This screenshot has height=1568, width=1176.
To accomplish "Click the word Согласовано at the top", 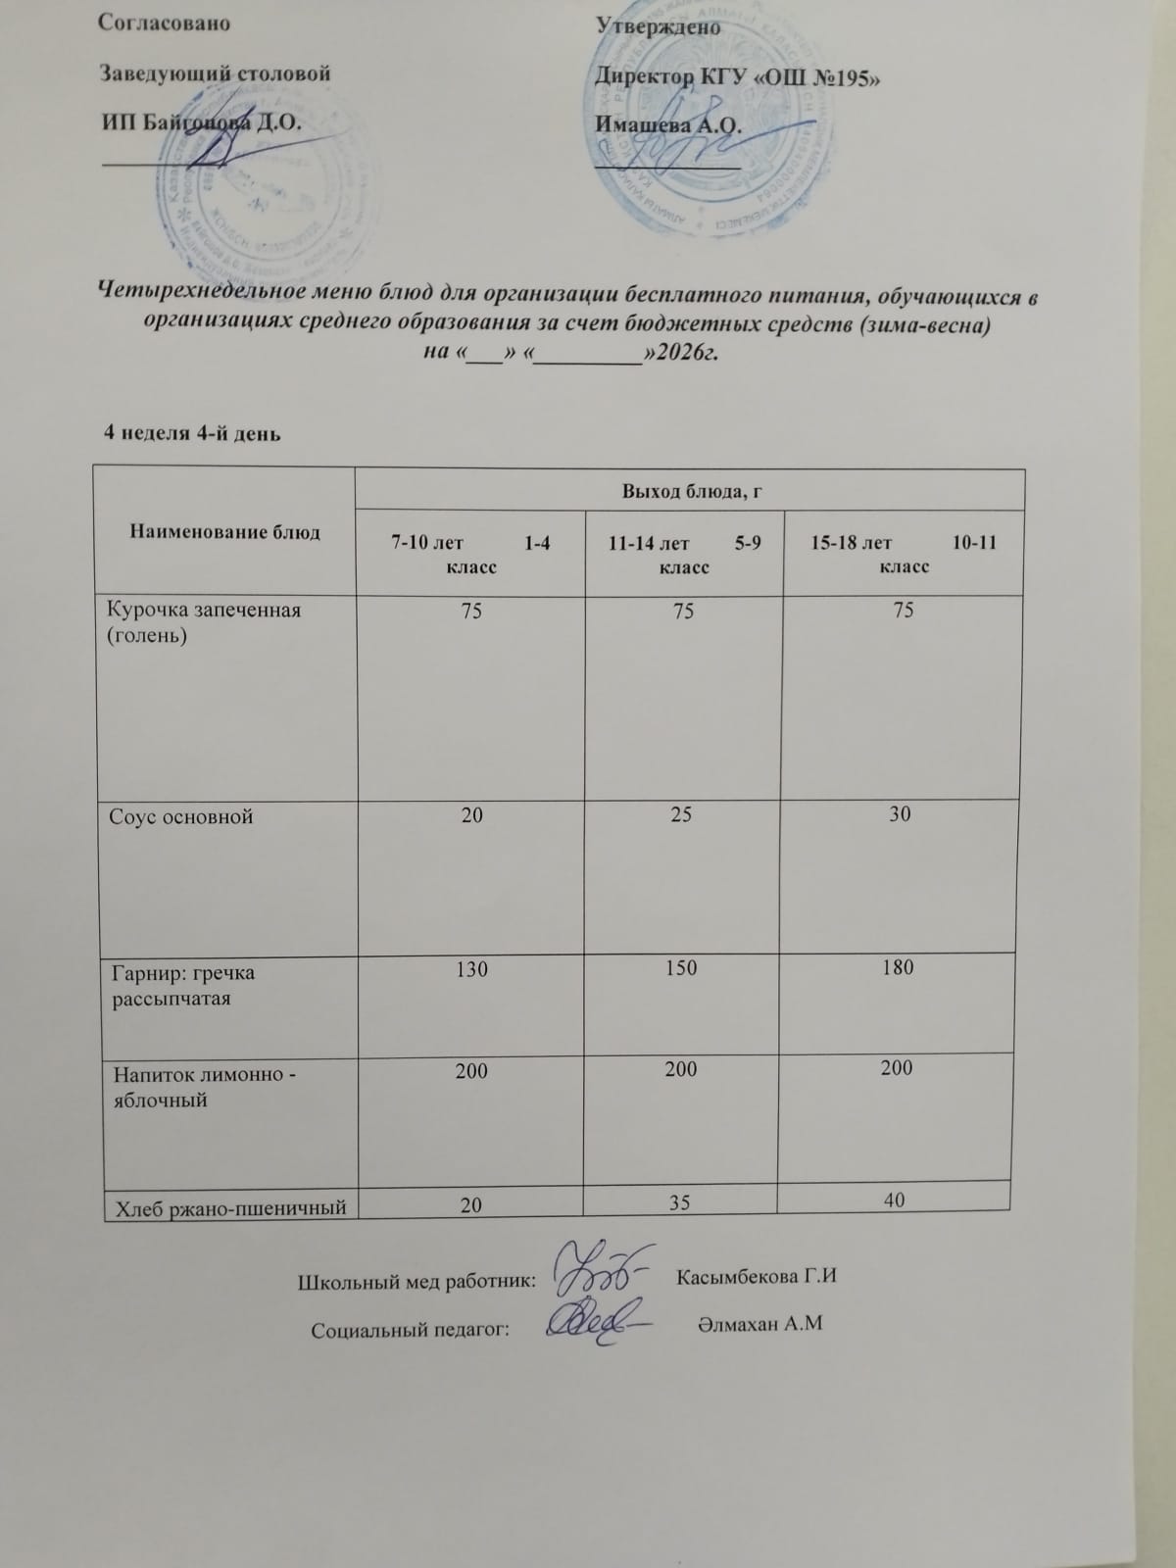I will point(165,24).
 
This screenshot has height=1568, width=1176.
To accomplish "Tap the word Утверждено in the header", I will point(658,27).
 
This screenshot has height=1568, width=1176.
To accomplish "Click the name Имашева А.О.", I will point(667,125).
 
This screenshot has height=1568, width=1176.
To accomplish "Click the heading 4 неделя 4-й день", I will point(193,432).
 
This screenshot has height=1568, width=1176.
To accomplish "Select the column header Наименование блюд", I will point(225,532).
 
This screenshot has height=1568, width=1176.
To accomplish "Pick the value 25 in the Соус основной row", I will point(682,814).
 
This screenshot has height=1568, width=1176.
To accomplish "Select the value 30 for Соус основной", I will point(900,813).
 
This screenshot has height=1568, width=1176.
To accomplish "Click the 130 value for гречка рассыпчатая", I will point(471,969).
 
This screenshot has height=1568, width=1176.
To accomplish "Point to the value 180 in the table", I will point(898,967).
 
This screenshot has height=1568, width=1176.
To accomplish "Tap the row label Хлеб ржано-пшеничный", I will point(231,1207).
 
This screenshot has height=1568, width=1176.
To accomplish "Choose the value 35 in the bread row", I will point(681,1202).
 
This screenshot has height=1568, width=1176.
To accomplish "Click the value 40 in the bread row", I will point(894,1200).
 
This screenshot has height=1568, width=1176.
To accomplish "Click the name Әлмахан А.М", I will point(759,1324).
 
